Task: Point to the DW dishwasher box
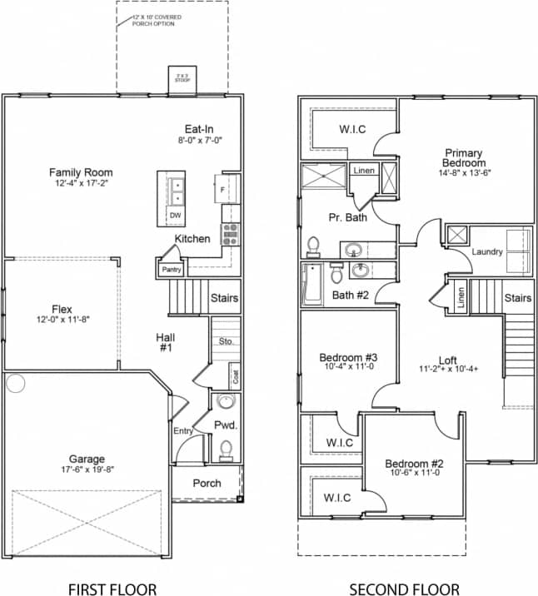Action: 175,216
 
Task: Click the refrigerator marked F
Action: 223,189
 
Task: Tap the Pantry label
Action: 171,269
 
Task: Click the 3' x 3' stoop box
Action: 181,77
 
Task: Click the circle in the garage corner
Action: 15,383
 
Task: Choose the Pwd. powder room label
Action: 226,425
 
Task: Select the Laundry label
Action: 486,251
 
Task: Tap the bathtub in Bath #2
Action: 312,283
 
